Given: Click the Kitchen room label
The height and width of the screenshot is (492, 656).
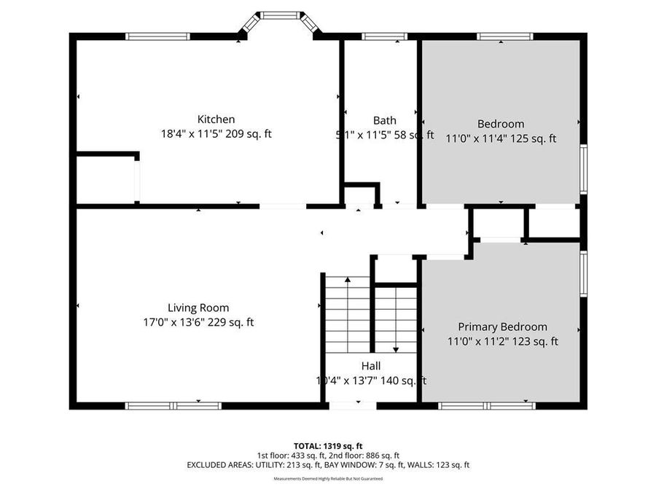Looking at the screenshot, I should pyautogui.click(x=216, y=120).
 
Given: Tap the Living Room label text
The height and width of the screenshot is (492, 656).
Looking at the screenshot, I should pyautogui.click(x=198, y=308).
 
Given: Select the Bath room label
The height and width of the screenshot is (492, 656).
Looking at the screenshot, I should pyautogui.click(x=385, y=121).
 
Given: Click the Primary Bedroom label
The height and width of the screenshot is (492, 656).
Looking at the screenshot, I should pyautogui.click(x=502, y=327).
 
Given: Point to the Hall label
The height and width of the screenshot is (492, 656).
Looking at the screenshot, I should pyautogui.click(x=370, y=366).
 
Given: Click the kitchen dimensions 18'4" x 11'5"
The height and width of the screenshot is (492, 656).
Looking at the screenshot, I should pyautogui.click(x=192, y=134).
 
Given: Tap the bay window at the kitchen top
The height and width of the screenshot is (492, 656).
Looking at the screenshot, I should pyautogui.click(x=281, y=15).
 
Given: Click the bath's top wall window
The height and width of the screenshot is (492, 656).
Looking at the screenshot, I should pyautogui.click(x=384, y=36).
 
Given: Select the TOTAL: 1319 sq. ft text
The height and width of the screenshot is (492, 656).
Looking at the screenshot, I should pyautogui.click(x=328, y=445).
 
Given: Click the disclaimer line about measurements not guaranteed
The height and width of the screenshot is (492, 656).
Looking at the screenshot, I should pyautogui.click(x=328, y=479).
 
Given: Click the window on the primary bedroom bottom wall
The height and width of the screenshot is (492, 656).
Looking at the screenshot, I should pyautogui.click(x=486, y=405).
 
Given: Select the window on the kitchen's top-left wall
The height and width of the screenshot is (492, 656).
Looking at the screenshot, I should pyautogui.click(x=157, y=36).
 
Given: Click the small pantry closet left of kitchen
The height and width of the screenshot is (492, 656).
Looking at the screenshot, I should pyautogui.click(x=106, y=179).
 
